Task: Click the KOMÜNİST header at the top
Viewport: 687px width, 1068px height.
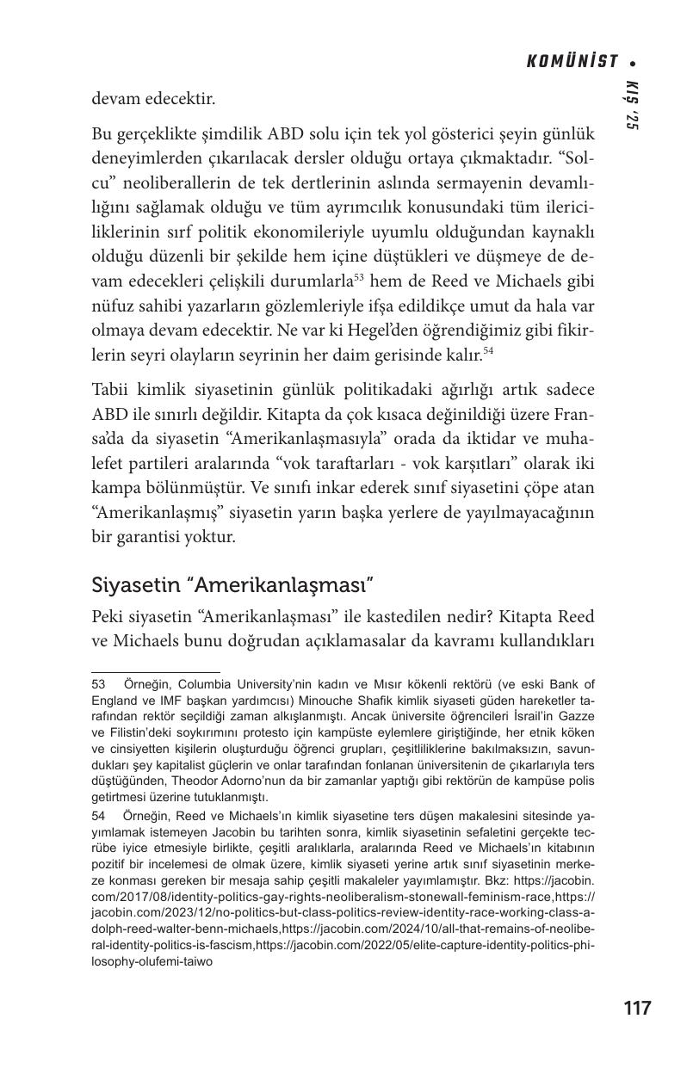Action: point(572,61)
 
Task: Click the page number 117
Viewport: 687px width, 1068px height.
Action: point(637,1008)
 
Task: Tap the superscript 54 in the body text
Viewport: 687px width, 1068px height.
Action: point(488,350)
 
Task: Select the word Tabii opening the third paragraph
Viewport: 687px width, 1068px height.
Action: point(112,387)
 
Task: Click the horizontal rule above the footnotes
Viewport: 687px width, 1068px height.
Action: point(156,671)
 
